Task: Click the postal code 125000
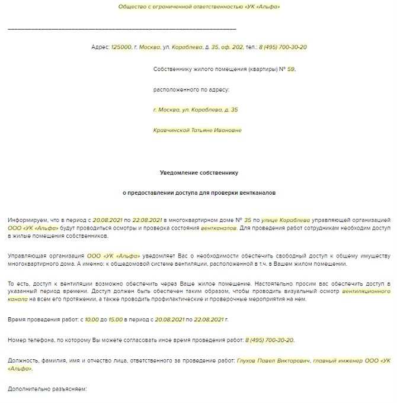tap(121, 47)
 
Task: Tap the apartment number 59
tap(290, 69)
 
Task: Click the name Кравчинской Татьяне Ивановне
tap(197, 130)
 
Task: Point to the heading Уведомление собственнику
tap(198, 173)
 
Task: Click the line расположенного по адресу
tap(191, 90)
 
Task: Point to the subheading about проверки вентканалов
tap(198, 193)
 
